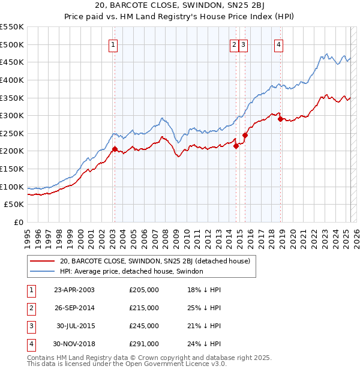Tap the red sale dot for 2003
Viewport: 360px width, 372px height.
click(115, 149)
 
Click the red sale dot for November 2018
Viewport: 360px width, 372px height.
click(281, 119)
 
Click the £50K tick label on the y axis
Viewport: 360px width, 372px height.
click(14, 205)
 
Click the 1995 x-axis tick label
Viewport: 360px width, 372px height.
click(28, 237)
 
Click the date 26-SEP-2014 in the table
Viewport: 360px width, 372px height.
click(74, 308)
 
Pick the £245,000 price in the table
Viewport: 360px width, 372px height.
click(144, 326)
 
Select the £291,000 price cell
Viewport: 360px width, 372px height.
click(144, 344)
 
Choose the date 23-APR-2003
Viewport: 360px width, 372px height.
click(74, 290)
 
